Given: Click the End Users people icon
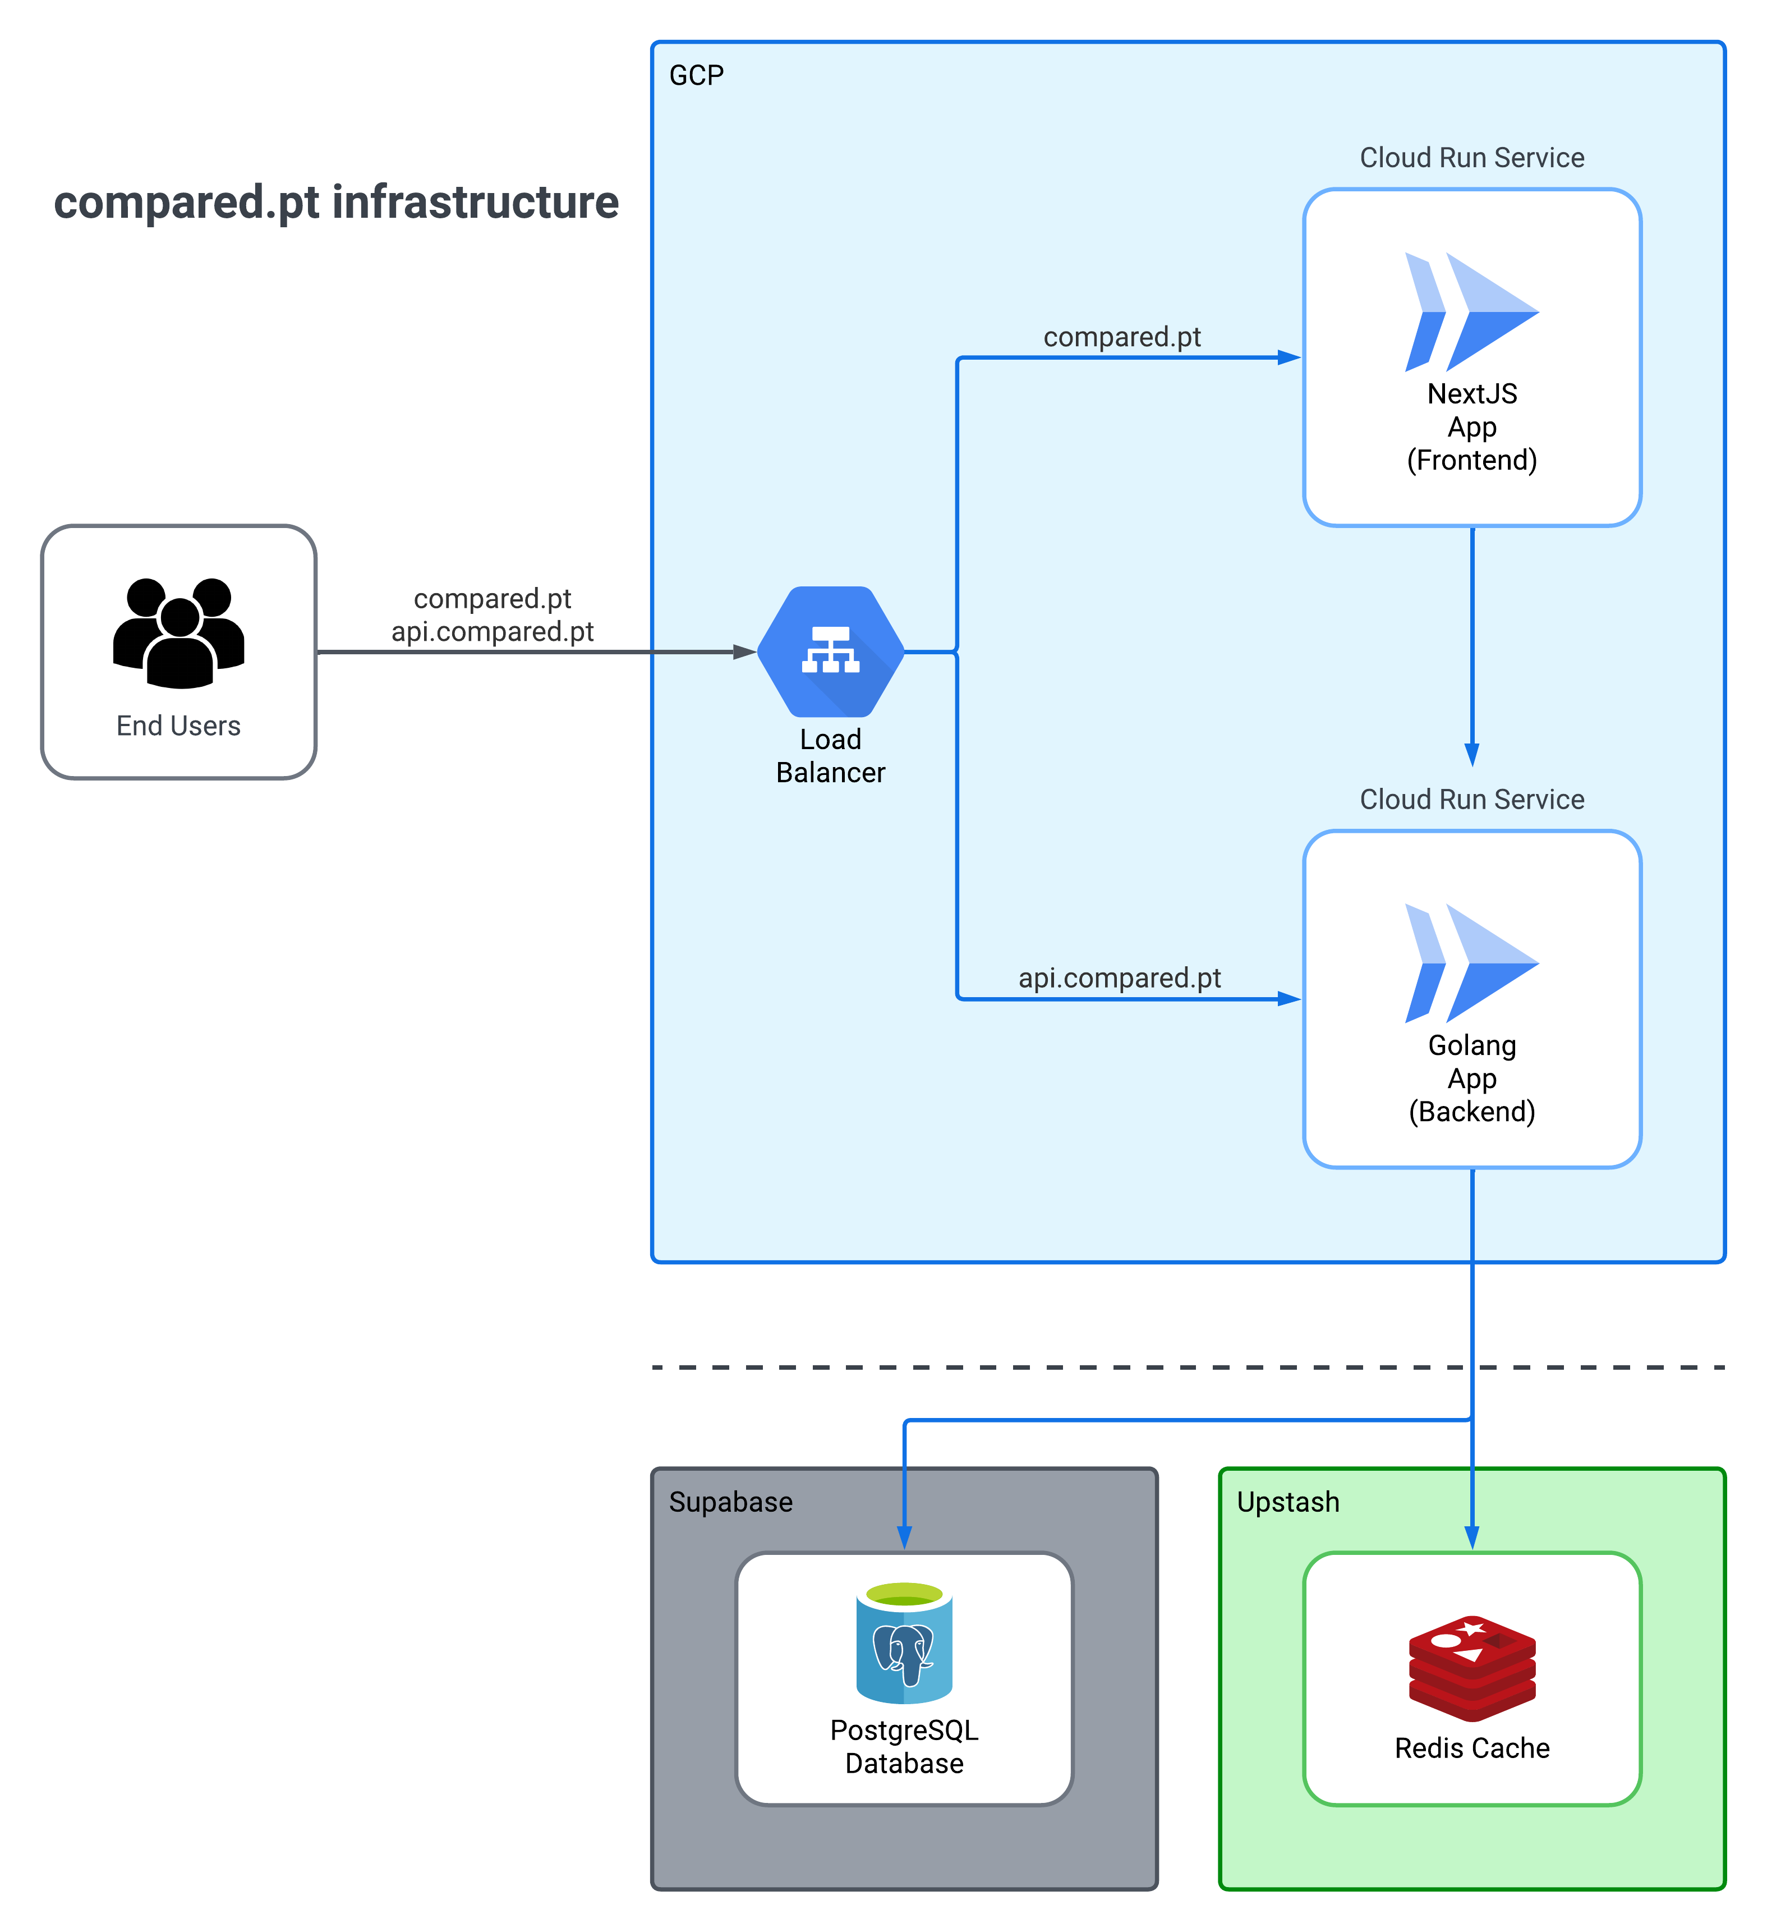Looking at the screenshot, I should (178, 632).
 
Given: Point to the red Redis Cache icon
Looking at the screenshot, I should (1472, 1668).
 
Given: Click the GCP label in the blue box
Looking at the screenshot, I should (697, 76).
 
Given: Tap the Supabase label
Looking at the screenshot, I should (730, 1502).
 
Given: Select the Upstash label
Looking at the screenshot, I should (1288, 1502).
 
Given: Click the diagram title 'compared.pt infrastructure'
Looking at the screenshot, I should (337, 202).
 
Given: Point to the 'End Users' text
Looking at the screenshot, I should (178, 726).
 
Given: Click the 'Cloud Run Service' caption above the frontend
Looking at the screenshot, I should (1472, 157).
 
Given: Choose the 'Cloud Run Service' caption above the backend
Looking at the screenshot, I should (1472, 799).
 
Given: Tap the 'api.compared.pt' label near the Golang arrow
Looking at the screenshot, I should (1119, 978).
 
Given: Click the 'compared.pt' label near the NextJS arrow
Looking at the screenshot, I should (1121, 336).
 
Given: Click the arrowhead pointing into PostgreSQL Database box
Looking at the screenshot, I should (904, 1536).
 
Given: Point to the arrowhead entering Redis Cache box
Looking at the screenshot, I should (1472, 1536).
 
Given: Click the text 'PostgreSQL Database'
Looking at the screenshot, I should (904, 1746).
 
